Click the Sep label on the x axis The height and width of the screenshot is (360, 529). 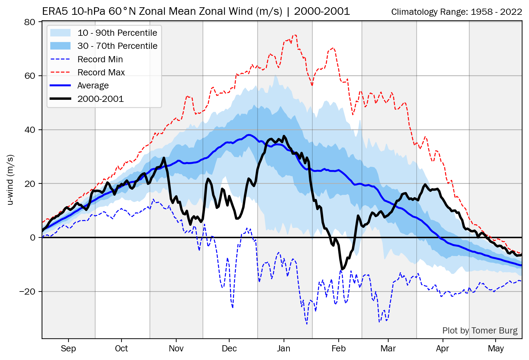tap(68, 349)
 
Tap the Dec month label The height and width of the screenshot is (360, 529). tap(229, 349)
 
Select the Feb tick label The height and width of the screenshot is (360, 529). tap(338, 349)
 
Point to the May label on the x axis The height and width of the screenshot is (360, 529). tap(496, 349)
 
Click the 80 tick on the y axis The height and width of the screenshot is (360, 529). tap(30, 22)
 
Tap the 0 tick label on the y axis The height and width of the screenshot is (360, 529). tap(33, 237)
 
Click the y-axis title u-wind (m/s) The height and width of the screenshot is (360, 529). tap(10, 180)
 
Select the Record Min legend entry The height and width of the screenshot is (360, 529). tap(100, 59)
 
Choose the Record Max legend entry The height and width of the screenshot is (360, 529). tap(101, 72)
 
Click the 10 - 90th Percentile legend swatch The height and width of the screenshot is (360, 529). tap(60, 33)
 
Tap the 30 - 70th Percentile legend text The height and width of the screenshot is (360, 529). tap(117, 46)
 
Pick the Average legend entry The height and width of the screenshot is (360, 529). tap(93, 85)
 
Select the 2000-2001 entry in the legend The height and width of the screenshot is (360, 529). tap(100, 99)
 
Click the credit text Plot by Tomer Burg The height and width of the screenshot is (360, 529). tap(480, 331)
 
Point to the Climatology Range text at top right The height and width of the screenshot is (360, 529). tap(456, 12)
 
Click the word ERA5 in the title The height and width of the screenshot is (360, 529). tap(55, 11)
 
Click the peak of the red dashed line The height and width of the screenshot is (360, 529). tap(294, 35)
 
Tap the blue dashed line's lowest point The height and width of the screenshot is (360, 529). tap(307, 324)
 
